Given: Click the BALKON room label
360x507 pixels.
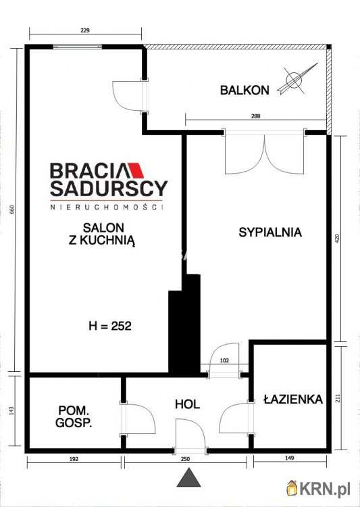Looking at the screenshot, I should pos(244,89).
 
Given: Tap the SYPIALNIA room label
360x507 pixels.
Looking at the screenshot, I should pos(270,232).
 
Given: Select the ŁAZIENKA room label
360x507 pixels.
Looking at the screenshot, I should pos(293,400).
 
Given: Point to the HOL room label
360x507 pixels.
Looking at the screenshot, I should pos(187,404).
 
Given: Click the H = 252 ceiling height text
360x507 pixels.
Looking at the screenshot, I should pos(109,326).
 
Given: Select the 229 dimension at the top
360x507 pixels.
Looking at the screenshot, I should pos(85,30).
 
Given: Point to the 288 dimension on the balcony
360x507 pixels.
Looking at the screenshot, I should pos(255,116).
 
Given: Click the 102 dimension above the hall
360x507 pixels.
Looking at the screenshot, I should pos(226,361).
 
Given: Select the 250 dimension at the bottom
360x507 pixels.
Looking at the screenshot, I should pos(186,459).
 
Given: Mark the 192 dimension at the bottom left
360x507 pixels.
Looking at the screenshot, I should pos(74,459).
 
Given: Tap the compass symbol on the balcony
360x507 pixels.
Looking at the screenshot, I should pos(295,79).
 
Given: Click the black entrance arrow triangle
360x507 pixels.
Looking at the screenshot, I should pos(190,479).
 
